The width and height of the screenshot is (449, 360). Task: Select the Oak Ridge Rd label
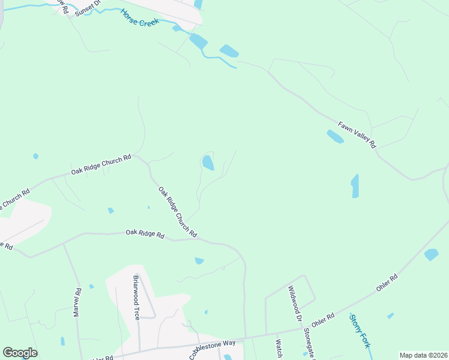[145, 234]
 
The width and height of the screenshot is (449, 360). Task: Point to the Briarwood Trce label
[136, 297]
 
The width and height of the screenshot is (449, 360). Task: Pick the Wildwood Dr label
[294, 302]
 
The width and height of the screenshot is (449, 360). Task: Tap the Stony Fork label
[360, 331]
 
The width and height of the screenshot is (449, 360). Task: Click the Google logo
[20, 353]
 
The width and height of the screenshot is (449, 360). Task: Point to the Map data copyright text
[423, 355]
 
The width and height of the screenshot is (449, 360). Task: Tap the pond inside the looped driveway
[208, 163]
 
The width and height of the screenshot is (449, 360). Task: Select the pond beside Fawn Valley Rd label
[335, 137]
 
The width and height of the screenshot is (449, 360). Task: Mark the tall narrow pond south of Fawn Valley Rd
[355, 186]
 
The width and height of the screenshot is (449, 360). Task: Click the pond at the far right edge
[431, 254]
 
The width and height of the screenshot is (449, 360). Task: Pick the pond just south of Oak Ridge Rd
[199, 261]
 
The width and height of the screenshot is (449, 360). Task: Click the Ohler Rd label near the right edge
[387, 284]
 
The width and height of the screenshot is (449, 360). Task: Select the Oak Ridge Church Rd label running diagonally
[178, 211]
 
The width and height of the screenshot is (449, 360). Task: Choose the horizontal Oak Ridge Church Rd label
[101, 164]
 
